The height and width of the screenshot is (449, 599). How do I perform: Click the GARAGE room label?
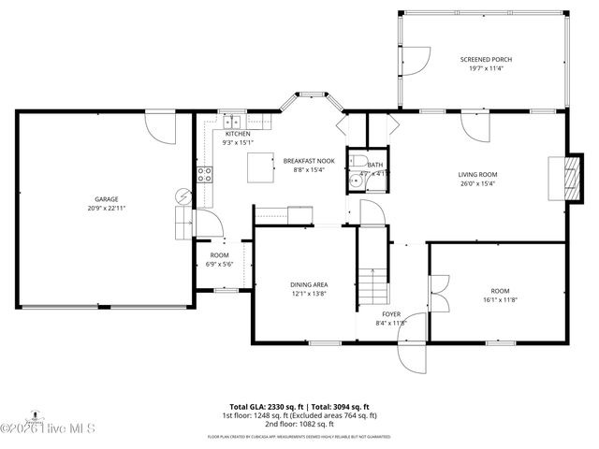coord(106,198)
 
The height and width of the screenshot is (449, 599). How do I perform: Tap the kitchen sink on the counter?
coord(231,121)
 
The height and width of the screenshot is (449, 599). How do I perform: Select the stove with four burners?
coord(205,173)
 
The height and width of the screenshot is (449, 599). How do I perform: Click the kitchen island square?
coord(259,167)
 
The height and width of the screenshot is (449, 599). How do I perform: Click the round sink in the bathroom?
coord(358,181)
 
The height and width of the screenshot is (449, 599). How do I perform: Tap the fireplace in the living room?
coord(561,177)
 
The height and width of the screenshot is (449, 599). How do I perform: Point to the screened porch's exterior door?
coord(416,60)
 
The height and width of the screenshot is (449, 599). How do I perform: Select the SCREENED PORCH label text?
coord(485,59)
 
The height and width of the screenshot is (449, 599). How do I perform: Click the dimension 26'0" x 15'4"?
coord(476,183)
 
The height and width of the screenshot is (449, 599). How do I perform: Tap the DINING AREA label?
coord(307,284)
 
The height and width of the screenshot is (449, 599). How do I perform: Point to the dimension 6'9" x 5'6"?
coord(219,264)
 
